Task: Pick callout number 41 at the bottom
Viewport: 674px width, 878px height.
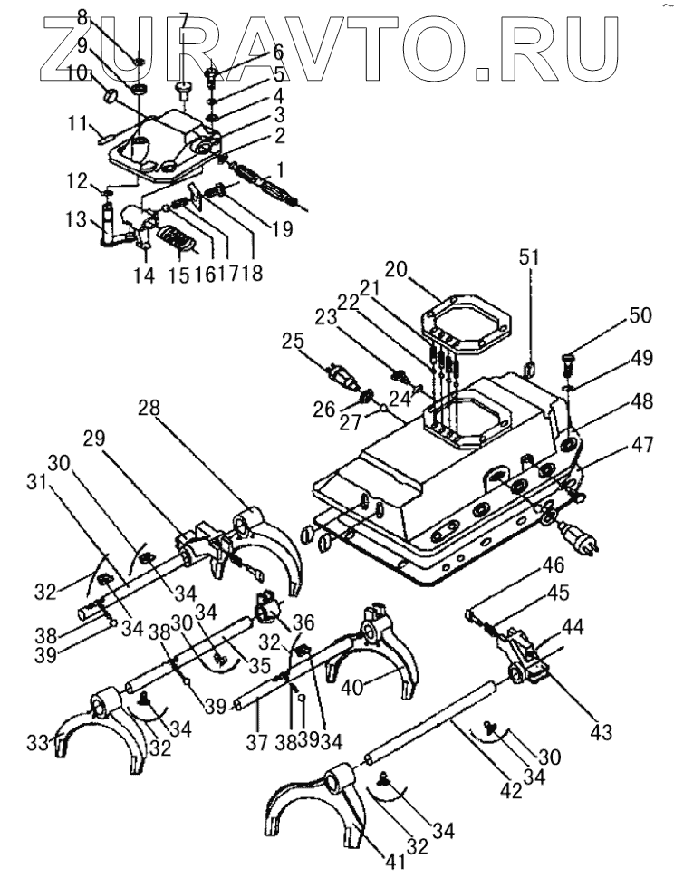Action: pos(392,862)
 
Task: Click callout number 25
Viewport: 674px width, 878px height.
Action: pos(290,340)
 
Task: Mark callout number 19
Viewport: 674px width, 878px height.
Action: pos(282,230)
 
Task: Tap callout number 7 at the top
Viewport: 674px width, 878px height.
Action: pos(182,20)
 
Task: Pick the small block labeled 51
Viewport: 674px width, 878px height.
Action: pos(530,367)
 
